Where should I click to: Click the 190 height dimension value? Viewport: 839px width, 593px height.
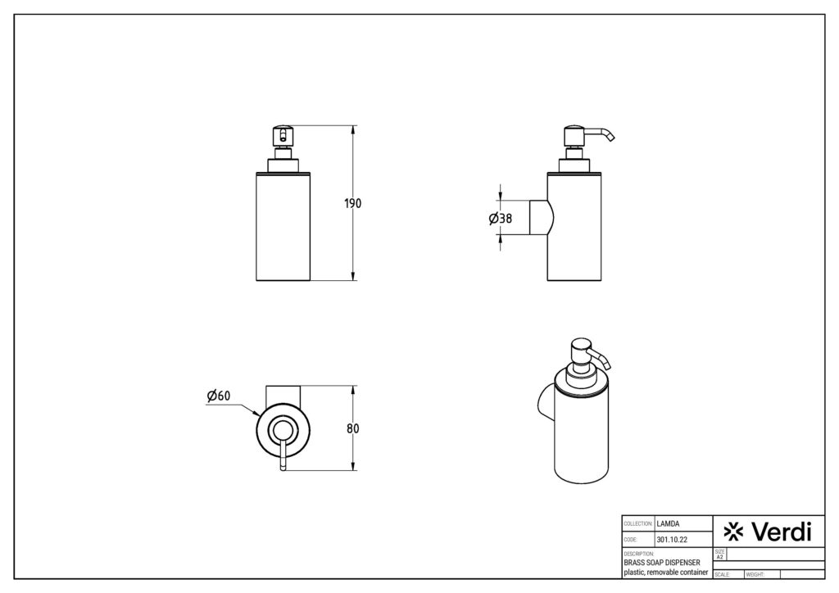point(352,203)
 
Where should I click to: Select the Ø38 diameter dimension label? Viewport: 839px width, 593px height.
point(501,218)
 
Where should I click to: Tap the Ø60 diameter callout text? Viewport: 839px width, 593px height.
point(218,395)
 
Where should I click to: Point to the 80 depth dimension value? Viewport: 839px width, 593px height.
point(353,428)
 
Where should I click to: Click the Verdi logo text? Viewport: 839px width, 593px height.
point(782,532)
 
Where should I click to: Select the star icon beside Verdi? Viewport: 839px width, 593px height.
point(733,532)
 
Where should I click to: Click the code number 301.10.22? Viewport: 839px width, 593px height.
point(672,540)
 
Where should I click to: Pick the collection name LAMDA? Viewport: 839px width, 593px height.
point(668,524)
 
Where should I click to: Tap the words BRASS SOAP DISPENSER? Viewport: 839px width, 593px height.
point(662,563)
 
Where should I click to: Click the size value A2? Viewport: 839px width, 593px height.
point(719,557)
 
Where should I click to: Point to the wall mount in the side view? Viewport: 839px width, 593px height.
point(542,218)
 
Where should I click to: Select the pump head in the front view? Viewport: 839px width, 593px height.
point(283,136)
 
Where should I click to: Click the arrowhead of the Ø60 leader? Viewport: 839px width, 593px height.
point(258,414)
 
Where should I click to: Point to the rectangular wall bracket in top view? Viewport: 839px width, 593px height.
point(283,395)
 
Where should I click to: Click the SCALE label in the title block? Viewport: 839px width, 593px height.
point(722,575)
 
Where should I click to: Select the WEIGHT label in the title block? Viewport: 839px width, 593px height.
point(755,575)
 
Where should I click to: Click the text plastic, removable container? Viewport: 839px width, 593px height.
point(666,573)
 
